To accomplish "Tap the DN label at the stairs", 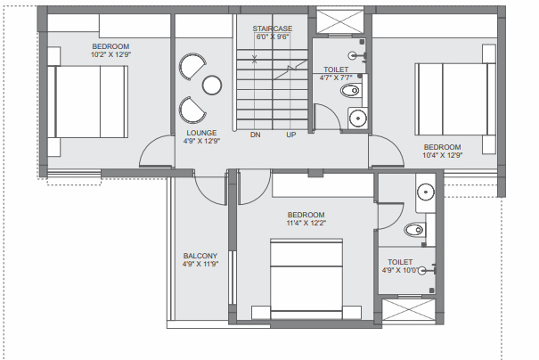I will [255, 135].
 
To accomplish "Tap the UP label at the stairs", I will [291, 135].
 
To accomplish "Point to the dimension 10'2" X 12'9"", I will [110, 54].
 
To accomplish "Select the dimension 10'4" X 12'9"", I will [441, 156].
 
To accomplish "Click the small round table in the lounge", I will [211, 86].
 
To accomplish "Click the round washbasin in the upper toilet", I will [358, 117].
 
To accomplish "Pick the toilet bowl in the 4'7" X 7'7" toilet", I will [352, 90].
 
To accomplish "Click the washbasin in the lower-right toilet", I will [425, 190].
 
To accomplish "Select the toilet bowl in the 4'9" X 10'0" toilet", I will [414, 231].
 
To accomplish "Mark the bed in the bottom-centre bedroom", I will [306, 282].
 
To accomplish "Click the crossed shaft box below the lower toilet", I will [406, 314].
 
